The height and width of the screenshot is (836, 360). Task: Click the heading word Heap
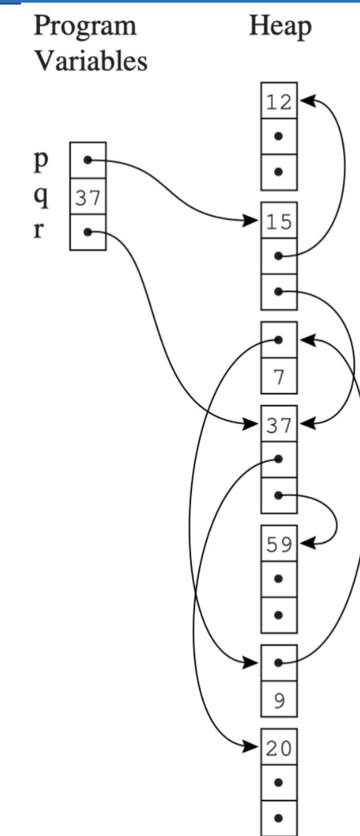(x=280, y=26)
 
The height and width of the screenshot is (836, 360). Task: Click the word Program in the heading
(x=85, y=26)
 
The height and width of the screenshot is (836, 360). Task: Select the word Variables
(x=91, y=61)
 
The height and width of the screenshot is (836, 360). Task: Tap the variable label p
(x=41, y=161)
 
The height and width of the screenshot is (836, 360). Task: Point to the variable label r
(x=39, y=230)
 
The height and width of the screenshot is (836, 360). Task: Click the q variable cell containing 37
(x=88, y=197)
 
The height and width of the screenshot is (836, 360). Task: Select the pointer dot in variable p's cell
(x=87, y=160)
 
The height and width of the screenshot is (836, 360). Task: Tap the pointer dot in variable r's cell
(x=87, y=233)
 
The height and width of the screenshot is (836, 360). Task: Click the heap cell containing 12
(x=279, y=101)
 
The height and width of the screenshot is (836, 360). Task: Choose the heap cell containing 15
(x=279, y=221)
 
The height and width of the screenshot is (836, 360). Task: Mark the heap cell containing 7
(x=279, y=376)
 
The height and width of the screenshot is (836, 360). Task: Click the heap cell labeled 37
(x=279, y=424)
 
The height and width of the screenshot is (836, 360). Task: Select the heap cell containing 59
(x=279, y=544)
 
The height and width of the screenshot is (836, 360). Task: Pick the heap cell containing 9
(x=279, y=699)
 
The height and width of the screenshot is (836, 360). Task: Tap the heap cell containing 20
(x=279, y=747)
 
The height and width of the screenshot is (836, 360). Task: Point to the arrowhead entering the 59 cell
(x=308, y=544)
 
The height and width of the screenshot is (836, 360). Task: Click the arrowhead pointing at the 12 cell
(x=308, y=101)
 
